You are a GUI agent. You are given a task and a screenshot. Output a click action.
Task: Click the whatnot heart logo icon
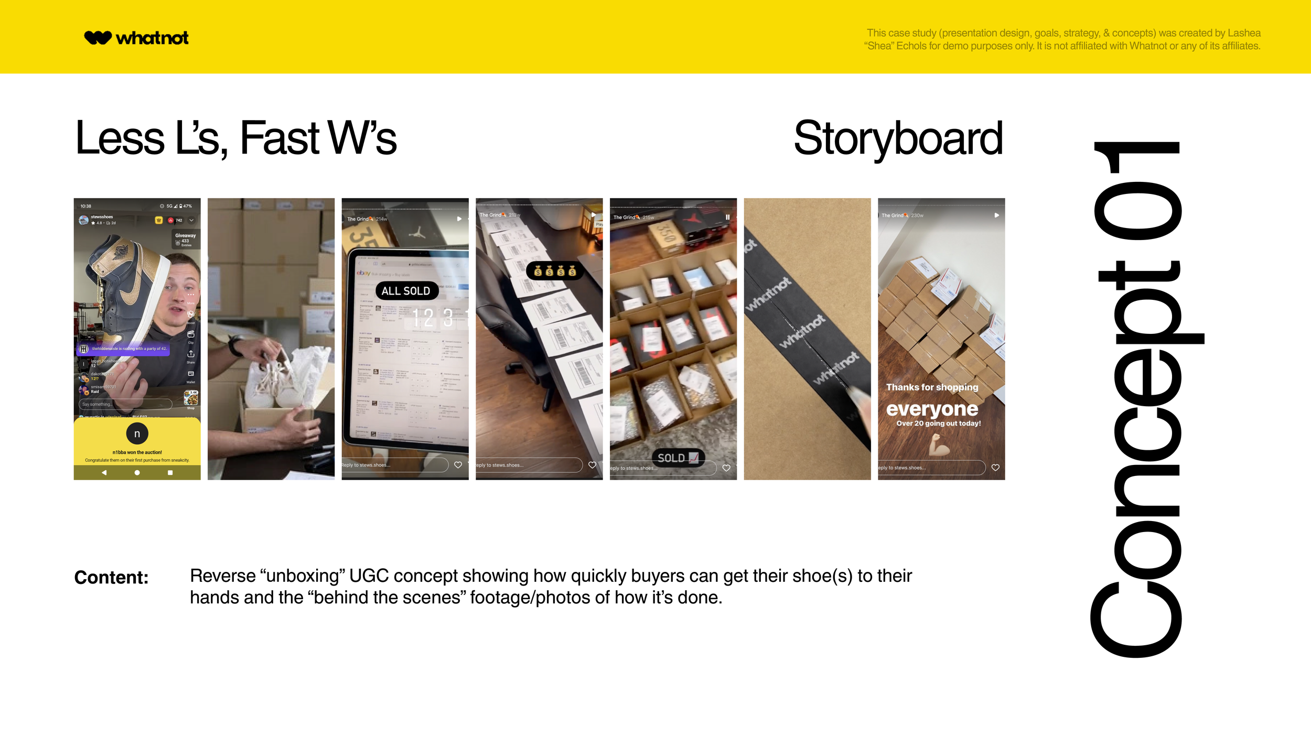98,38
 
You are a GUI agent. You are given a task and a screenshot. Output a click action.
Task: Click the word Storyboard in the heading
898,138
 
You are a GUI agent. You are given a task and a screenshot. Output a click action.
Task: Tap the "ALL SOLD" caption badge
406,291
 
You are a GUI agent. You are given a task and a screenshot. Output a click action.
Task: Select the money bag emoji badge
555,270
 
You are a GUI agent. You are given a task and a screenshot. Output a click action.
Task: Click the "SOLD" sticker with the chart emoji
678,458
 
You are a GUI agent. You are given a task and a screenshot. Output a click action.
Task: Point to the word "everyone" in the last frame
932,409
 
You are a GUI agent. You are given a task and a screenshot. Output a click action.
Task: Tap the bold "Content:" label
111,577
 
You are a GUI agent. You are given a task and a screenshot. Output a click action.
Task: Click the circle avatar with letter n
137,433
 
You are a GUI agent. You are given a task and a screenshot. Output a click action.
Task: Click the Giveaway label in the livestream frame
185,236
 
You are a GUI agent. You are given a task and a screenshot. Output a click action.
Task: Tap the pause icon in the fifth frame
727,217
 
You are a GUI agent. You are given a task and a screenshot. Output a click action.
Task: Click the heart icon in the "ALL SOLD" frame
458,465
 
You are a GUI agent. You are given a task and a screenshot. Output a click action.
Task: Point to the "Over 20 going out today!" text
938,424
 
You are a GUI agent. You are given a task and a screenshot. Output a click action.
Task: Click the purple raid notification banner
124,349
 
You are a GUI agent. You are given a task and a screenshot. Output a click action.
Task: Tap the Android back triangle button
104,472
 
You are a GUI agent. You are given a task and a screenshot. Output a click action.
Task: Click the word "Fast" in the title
279,138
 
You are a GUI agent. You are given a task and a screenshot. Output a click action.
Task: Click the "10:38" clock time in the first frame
86,206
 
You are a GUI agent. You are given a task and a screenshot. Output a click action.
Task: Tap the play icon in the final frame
996,215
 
